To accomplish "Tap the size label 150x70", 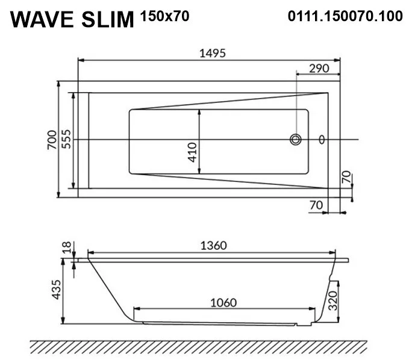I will [x=164, y=16].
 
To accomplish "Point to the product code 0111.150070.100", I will [x=346, y=16].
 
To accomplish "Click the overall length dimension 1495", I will [x=212, y=54].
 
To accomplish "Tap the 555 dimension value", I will [x=66, y=139].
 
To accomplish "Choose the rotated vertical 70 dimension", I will [x=345, y=178].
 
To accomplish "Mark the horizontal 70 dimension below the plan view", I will [x=316, y=205].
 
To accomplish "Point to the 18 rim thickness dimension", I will [x=67, y=247].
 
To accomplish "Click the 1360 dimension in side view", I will [x=212, y=245].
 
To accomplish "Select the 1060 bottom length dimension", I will [x=222, y=302].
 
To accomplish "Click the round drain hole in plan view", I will [x=295, y=140].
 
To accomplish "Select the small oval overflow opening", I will [x=322, y=140].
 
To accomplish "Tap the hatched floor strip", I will [x=198, y=347].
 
